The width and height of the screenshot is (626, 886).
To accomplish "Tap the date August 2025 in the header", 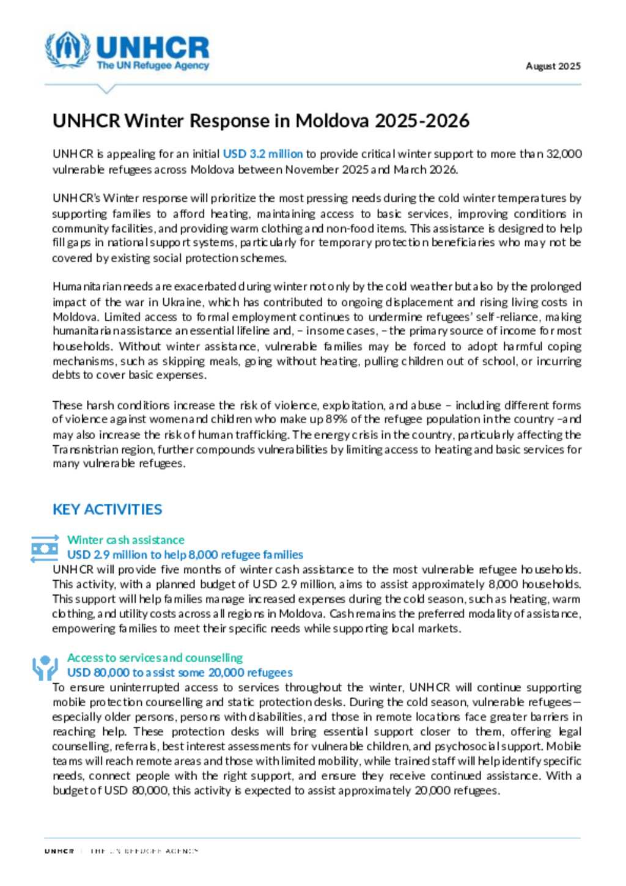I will [553, 66].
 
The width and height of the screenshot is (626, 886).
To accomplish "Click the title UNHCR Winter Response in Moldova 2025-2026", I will [261, 120].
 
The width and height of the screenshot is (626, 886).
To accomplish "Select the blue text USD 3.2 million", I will [262, 153].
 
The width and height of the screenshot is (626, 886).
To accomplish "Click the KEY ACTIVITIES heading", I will [107, 509].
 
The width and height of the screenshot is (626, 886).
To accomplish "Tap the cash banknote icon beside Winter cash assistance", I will [45, 548].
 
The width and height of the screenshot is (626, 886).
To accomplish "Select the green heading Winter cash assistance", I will [125, 540].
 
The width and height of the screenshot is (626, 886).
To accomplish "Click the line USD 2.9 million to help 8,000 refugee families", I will [185, 555].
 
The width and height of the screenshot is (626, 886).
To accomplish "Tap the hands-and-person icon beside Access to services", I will [45, 668].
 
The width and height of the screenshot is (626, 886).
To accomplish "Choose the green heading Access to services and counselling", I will [155, 658].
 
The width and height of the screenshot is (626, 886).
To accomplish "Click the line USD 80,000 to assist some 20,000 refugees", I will [180, 673].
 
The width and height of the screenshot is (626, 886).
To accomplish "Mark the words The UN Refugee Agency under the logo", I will [152, 65].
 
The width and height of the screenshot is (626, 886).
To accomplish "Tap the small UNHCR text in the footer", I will [59, 851].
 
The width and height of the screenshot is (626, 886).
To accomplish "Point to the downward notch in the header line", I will [106, 89].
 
